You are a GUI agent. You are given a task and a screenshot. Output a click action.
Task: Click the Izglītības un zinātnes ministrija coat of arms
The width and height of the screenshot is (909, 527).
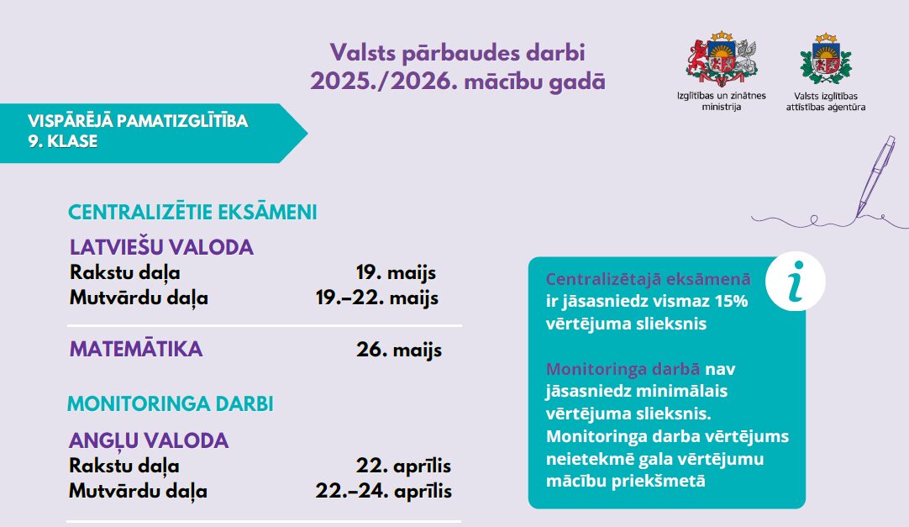tap(722, 59)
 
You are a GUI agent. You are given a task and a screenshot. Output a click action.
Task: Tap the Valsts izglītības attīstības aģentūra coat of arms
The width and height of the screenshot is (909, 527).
tap(826, 59)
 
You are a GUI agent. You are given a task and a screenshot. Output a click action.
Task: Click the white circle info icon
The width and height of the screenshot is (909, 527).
tap(796, 282)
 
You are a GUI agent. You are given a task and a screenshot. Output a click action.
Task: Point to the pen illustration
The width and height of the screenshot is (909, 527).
tap(875, 176)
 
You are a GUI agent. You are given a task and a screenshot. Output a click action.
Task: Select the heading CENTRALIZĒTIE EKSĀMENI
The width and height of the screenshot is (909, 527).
tap(192, 212)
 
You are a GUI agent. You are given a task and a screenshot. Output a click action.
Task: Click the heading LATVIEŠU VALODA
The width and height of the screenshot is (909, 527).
tap(162, 248)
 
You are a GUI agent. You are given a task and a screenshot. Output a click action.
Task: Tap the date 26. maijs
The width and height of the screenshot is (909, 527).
tap(399, 350)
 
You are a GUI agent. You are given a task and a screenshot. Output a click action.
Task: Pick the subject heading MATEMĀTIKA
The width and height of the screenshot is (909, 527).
tap(136, 349)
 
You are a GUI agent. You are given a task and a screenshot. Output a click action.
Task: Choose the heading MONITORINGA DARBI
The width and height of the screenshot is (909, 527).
tap(171, 403)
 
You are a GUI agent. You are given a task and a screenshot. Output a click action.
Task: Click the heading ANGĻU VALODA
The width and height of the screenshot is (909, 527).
tap(149, 440)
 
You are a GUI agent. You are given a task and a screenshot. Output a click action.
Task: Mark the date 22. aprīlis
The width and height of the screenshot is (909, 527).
tap(403, 466)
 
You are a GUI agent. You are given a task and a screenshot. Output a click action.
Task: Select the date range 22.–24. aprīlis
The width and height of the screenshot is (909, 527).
tap(384, 491)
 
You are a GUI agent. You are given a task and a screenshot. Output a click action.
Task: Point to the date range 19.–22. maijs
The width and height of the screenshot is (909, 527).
tap(377, 298)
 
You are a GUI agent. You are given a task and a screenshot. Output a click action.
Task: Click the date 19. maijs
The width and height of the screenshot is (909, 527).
tap(396, 272)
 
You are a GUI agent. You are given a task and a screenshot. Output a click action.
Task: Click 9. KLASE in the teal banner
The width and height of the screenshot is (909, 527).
tap(63, 141)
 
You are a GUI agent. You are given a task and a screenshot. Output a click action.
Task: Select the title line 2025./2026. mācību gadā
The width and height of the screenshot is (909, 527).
tap(457, 82)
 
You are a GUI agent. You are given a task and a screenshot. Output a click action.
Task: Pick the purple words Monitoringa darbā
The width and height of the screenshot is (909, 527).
tap(623, 369)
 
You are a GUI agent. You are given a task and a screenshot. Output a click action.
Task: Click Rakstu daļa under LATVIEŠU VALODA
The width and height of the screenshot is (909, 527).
tap(124, 272)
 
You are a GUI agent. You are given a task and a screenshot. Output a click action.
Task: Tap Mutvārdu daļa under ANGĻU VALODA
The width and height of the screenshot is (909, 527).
tap(138, 492)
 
